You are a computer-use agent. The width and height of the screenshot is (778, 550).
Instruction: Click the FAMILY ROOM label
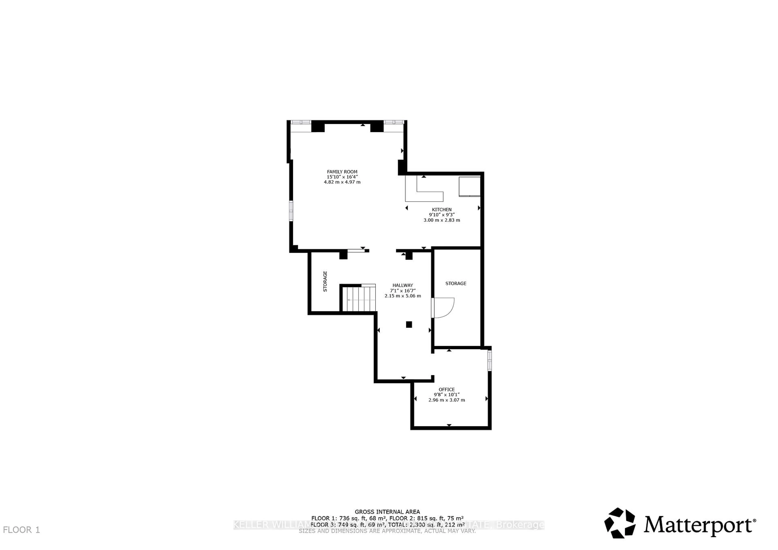click(342, 172)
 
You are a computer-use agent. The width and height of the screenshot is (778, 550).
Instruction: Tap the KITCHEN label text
click(441, 210)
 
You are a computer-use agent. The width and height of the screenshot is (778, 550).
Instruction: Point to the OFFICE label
click(447, 389)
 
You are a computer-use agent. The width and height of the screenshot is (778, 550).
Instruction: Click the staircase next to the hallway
click(359, 299)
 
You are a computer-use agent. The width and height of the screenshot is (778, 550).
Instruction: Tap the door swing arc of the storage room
click(446, 308)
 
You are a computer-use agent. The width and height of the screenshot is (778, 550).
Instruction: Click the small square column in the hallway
click(409, 324)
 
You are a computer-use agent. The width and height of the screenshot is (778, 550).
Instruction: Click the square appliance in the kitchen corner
click(469, 186)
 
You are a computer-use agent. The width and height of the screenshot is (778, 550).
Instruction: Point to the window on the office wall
click(490, 361)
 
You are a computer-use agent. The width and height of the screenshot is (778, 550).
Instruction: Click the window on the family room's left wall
click(291, 211)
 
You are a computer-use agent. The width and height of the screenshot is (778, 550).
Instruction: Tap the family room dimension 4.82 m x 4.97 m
click(342, 182)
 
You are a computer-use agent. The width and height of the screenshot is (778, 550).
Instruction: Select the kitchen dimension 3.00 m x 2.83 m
click(441, 220)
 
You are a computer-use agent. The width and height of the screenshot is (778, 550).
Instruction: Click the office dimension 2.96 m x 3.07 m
click(447, 400)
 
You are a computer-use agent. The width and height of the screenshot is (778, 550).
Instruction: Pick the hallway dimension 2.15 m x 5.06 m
click(403, 296)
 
